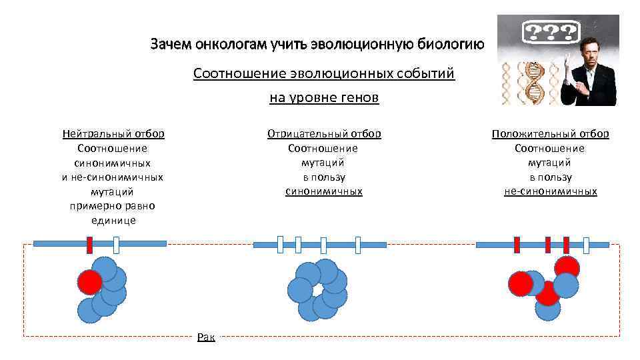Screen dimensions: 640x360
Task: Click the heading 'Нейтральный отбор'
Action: click(113, 134)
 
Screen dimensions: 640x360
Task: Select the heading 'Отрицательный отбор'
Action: click(324, 134)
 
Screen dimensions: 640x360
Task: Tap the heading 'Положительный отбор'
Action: click(550, 134)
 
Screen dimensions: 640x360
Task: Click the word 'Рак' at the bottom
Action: click(206, 338)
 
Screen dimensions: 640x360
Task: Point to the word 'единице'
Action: click(113, 221)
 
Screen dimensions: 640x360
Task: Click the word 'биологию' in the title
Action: click(449, 45)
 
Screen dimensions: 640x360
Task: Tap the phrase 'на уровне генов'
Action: click(324, 98)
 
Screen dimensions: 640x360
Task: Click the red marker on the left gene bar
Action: click(89, 244)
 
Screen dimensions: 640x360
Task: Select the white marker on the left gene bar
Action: click(116, 245)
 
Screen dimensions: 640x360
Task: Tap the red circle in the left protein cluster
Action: click(89, 283)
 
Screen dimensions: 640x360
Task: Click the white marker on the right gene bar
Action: click(587, 245)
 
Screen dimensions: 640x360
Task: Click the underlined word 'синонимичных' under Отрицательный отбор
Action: click(324, 192)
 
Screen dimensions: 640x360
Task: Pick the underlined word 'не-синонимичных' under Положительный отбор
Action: click(550, 192)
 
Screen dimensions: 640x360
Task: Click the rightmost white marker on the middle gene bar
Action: click(357, 245)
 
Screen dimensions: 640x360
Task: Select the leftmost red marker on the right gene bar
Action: click(517, 245)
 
